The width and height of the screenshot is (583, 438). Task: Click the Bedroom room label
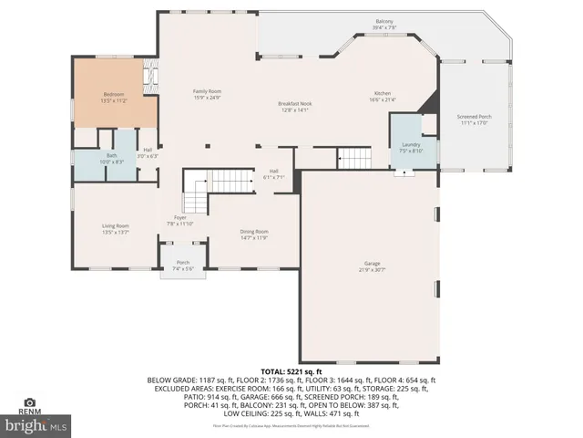coord(113,95)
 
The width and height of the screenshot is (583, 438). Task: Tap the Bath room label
coord(112,155)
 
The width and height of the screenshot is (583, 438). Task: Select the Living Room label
coord(115,225)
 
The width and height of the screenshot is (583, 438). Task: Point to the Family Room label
coord(207,91)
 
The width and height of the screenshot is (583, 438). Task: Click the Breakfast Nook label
coord(294,104)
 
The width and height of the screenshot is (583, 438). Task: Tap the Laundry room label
coord(411,145)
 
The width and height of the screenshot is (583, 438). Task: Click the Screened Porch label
coord(474,117)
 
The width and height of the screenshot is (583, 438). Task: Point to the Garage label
coord(366,265)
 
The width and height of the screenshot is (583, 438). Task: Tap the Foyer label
coord(180,218)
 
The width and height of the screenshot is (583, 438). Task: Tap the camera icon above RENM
coord(29,402)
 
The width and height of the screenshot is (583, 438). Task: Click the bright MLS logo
coord(36,425)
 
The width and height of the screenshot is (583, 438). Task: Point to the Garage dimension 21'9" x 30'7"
coord(366,270)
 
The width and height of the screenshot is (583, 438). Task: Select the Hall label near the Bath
coord(148,150)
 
